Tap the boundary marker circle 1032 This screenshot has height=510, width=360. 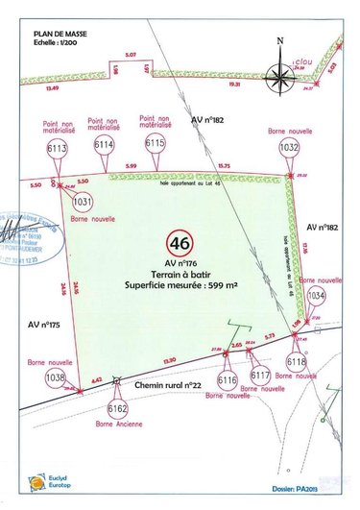coord(289,148)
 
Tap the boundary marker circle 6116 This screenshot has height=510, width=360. coord(228,381)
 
